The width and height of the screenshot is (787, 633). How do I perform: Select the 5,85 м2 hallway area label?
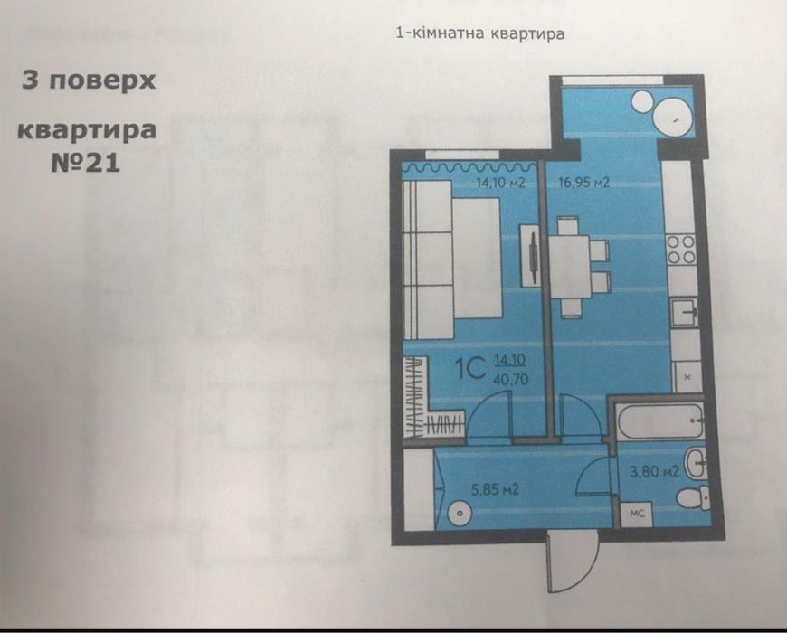point(494,490)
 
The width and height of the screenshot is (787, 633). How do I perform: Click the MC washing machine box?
point(636,513)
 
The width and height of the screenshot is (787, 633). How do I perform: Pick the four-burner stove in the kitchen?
point(680,249)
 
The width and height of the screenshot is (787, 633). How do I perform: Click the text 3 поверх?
point(89,80)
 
